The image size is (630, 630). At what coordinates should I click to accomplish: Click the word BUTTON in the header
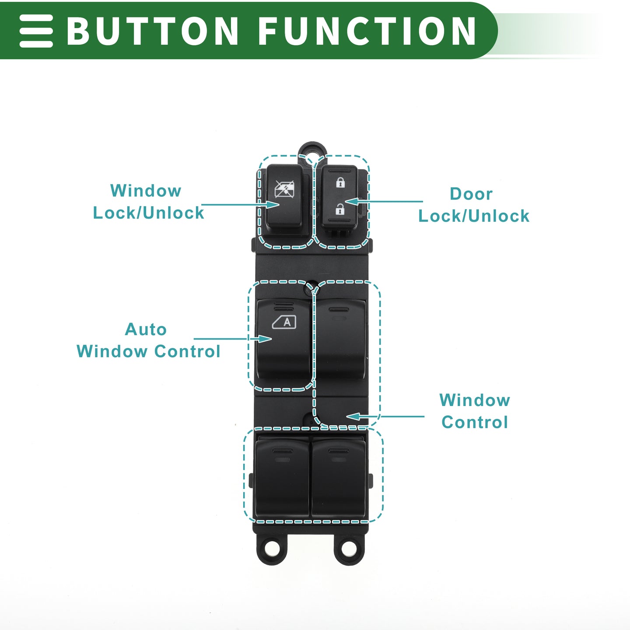[152, 31]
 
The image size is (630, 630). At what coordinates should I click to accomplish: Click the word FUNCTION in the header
[367, 31]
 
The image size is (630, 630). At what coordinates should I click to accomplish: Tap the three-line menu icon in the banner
[36, 31]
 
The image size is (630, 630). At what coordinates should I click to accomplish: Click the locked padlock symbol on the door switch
[340, 182]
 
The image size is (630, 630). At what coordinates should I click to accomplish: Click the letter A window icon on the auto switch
[284, 322]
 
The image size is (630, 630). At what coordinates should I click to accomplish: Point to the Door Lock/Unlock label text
[473, 205]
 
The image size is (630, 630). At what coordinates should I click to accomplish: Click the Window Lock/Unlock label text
[148, 202]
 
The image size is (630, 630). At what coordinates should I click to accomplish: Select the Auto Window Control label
[148, 340]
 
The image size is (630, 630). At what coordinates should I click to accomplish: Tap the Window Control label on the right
[475, 411]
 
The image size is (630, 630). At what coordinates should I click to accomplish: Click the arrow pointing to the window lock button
[241, 204]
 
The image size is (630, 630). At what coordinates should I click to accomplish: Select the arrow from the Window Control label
[385, 416]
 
